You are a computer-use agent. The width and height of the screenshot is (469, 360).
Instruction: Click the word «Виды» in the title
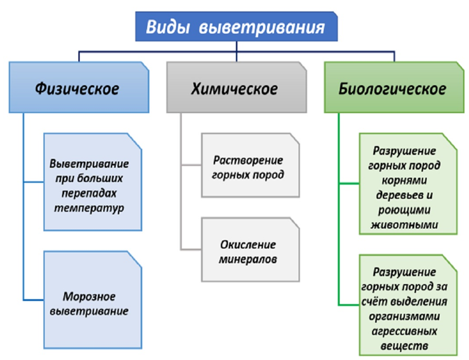[168, 27]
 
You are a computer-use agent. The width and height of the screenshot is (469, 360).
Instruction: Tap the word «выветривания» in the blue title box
[262, 28]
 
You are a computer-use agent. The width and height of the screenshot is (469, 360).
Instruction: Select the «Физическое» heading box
[79, 87]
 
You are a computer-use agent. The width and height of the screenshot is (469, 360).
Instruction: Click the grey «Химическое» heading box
[237, 87]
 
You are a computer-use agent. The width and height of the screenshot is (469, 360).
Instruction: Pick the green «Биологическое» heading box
[394, 87]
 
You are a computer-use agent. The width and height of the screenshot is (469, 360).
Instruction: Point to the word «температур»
[89, 208]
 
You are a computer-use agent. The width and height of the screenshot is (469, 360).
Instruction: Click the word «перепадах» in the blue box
[89, 193]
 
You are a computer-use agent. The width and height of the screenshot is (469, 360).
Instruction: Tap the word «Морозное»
[89, 297]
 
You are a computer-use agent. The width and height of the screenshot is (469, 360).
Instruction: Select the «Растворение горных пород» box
[250, 165]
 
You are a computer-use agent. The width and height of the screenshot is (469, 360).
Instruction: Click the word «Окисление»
[248, 244]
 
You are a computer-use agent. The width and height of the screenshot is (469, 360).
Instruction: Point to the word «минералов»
[248, 259]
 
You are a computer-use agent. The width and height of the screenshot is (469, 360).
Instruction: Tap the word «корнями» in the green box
[404, 180]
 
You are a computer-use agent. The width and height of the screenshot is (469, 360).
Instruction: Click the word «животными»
[404, 225]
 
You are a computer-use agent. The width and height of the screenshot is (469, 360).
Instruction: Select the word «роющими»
[404, 210]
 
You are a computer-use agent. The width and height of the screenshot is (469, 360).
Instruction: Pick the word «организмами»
[404, 316]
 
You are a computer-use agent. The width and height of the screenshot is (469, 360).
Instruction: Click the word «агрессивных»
[404, 331]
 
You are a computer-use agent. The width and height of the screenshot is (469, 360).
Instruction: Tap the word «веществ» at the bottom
[404, 346]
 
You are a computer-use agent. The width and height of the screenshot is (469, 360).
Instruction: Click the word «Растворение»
[248, 161]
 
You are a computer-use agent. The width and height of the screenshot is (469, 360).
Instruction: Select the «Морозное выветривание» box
[93, 300]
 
